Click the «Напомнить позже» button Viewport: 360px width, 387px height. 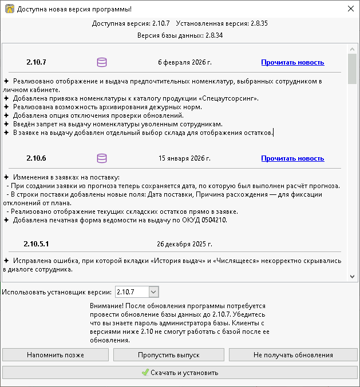point(56,355)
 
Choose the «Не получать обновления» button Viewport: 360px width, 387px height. point(293,355)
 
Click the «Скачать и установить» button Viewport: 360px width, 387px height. point(180,373)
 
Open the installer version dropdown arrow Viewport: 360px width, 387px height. point(153,292)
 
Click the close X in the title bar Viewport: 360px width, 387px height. point(351,9)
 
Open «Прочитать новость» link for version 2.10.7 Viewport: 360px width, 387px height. point(292,62)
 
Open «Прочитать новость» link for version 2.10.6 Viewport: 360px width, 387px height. point(292,158)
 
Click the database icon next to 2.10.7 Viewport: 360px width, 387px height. point(102,62)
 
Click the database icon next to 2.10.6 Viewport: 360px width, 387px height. point(102,158)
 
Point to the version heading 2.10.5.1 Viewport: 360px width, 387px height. point(36,243)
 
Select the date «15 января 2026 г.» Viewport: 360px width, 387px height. point(184,158)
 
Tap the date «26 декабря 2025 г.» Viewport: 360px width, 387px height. point(184,244)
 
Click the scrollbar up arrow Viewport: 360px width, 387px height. point(352,49)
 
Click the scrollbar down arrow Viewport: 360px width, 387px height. point(352,276)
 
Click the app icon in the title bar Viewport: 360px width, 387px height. point(9,9)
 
